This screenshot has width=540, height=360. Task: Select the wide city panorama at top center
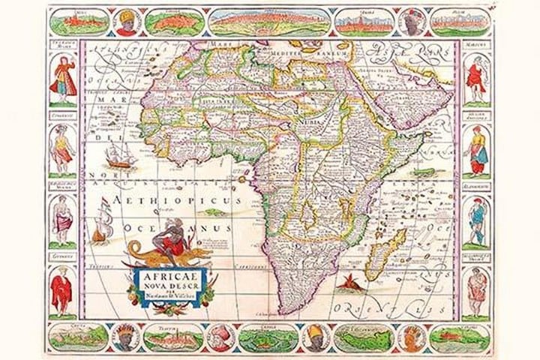pos(270,22)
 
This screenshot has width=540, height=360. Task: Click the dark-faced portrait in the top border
pos(411,22)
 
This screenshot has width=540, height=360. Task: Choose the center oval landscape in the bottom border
pos(271,337)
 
